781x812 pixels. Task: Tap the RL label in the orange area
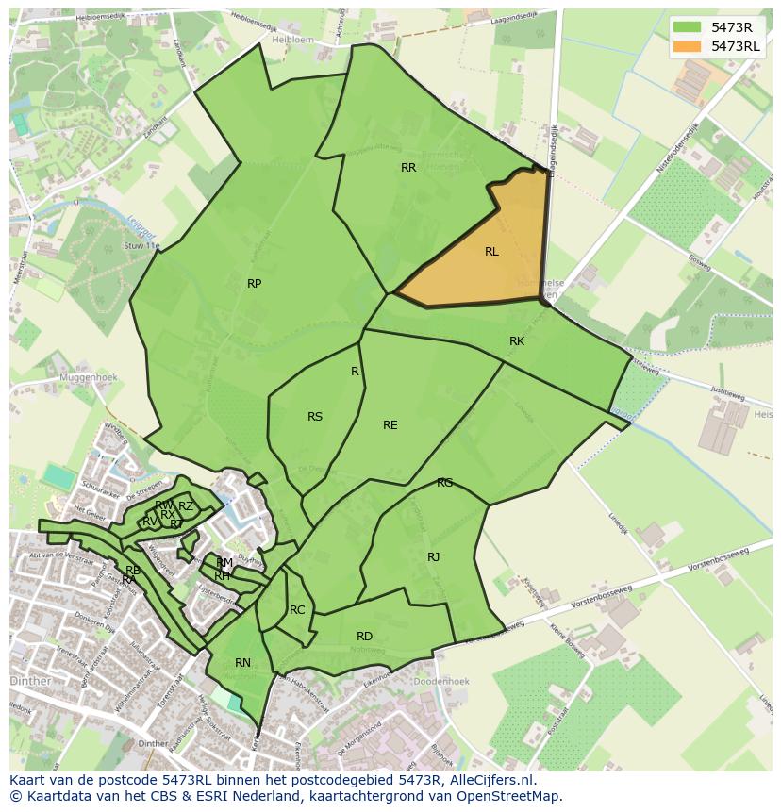pyautogui.click(x=491, y=252)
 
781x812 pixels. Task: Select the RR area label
pyautogui.click(x=408, y=168)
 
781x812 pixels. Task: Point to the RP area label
pyautogui.click(x=254, y=284)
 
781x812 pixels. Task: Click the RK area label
pyautogui.click(x=517, y=341)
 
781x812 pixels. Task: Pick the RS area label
pyautogui.click(x=315, y=417)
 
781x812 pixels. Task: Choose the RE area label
pyautogui.click(x=390, y=425)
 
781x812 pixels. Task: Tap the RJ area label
pyautogui.click(x=434, y=557)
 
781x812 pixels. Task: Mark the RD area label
pyautogui.click(x=365, y=637)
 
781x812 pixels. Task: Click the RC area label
pyautogui.click(x=297, y=610)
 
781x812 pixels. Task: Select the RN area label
pyautogui.click(x=243, y=663)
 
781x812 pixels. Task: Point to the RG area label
pyautogui.click(x=445, y=483)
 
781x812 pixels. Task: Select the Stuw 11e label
pyautogui.click(x=142, y=246)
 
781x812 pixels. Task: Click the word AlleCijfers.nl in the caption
pyautogui.click(x=490, y=780)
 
